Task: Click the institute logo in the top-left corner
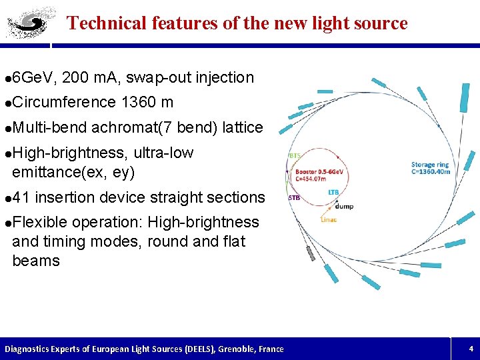coord(27,23)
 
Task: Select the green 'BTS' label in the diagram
coord(294,156)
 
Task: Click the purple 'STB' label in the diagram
coord(294,197)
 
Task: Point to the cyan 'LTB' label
coord(333,192)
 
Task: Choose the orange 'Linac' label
coord(329,219)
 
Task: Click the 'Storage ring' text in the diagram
coord(429,164)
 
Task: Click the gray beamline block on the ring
coord(309,253)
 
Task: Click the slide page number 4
coord(470,349)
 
